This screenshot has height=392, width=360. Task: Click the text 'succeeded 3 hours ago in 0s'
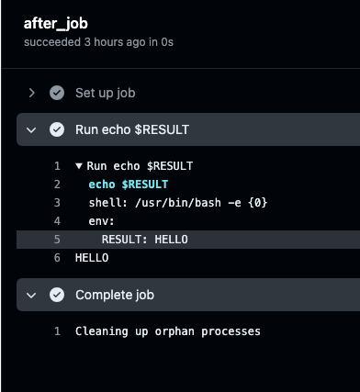[98, 42]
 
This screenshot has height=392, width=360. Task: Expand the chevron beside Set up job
[32, 93]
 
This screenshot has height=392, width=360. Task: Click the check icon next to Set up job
[57, 93]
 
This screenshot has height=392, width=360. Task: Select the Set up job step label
[106, 93]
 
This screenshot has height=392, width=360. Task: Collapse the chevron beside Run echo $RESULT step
[32, 129]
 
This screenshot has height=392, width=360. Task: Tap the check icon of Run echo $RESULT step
[57, 129]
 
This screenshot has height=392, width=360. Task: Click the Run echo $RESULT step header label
[132, 129]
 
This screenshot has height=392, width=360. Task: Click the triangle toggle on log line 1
[79, 166]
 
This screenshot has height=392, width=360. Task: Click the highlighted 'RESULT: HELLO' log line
[144, 240]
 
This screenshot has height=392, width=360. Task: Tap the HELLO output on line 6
[92, 258]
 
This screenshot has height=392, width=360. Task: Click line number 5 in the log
[57, 240]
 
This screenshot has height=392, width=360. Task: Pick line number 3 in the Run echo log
[57, 203]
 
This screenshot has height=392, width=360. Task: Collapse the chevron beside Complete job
[32, 295]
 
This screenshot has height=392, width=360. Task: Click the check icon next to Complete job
[57, 295]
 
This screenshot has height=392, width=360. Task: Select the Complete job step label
[115, 295]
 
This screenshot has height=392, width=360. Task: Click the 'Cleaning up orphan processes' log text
[168, 331]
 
